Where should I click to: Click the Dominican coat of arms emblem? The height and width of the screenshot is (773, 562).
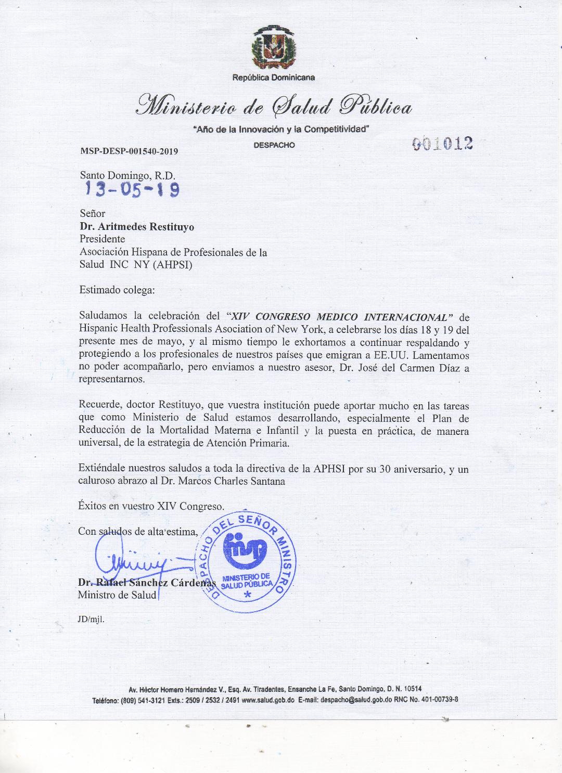(274, 48)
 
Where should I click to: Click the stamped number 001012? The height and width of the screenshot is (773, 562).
(442, 143)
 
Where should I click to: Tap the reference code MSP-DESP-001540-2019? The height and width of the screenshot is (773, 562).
(129, 151)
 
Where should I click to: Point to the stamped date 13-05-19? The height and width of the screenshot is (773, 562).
(133, 189)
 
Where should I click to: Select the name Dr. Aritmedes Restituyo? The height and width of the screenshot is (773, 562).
(137, 226)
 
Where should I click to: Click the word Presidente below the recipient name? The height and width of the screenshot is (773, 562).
(102, 239)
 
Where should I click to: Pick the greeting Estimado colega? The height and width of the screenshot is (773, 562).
(117, 290)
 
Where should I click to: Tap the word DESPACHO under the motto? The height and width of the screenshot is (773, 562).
(274, 145)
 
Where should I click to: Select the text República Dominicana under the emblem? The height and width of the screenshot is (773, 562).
(274, 78)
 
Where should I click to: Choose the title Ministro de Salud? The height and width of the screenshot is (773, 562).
(117, 595)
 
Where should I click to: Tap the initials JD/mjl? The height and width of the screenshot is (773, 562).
(91, 620)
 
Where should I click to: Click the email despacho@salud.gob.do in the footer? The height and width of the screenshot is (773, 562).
(353, 700)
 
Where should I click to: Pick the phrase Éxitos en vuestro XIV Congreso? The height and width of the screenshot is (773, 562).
(151, 506)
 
